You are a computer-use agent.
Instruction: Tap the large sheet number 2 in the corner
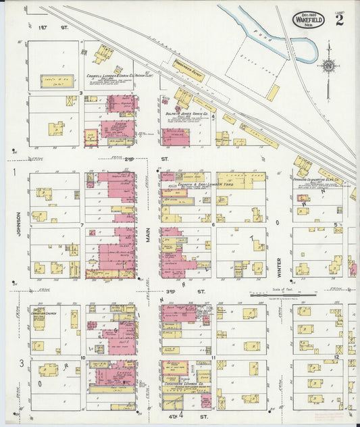pyautogui.click(x=338, y=19)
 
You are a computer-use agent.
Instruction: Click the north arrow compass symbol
pyautogui.click(x=328, y=66)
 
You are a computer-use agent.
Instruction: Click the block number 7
pyautogui.click(x=82, y=225)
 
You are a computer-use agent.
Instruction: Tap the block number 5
pyautogui.click(x=336, y=225)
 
